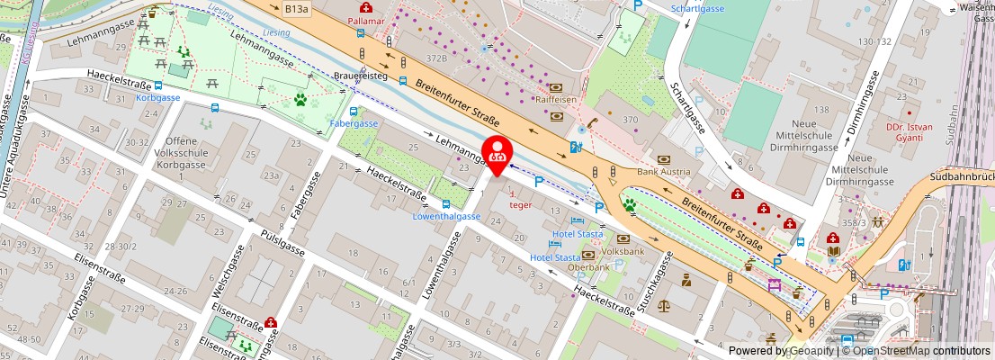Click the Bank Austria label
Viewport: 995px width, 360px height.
click(663, 171)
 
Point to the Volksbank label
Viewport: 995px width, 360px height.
click(623, 252)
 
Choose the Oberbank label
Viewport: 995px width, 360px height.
click(589, 266)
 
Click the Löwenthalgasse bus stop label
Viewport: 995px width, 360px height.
click(446, 217)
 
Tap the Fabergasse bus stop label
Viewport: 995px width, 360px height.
click(354, 122)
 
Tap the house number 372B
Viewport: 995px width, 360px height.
click(437, 58)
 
